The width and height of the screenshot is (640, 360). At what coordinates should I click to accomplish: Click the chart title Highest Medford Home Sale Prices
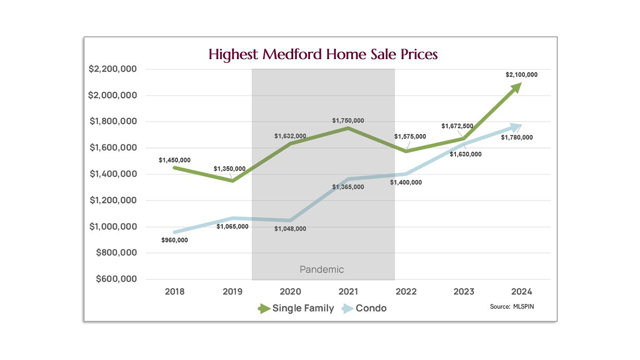[x=323, y=54]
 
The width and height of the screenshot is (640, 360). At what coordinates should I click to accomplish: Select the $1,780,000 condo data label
[x=516, y=137]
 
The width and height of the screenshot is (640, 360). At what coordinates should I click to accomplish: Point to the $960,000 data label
[x=174, y=240]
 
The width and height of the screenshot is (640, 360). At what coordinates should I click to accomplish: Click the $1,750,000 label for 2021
[x=348, y=120]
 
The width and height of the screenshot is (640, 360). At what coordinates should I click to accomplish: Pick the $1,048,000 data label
[x=290, y=229]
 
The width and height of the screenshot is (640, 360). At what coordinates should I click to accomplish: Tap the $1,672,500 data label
[x=457, y=126]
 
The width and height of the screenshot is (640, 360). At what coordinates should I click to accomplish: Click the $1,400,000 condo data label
[x=405, y=182]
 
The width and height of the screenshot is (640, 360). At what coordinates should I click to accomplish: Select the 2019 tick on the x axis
[x=232, y=291]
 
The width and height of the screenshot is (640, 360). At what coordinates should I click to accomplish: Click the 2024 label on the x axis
[x=521, y=291]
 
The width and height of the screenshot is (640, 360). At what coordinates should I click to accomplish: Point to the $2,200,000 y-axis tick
[x=113, y=69]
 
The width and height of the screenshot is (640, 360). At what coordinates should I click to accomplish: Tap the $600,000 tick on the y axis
[x=116, y=279]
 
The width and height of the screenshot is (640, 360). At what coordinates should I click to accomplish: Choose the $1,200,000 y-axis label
[x=113, y=200]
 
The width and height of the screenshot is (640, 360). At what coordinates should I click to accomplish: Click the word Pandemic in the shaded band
[x=322, y=269]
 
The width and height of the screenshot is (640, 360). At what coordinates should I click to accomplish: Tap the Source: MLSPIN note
[x=512, y=306]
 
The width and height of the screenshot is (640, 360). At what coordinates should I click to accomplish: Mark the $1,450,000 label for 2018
[x=174, y=160]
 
